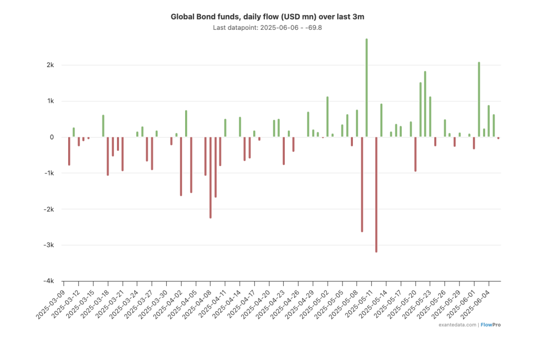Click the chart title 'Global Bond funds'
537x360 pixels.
[x=267, y=17]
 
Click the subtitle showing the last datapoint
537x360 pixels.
[x=267, y=27]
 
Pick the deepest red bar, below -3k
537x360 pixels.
[x=377, y=194]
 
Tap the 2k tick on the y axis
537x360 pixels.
[x=50, y=65]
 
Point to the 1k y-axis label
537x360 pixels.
[x=50, y=101]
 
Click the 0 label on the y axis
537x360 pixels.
[x=52, y=137]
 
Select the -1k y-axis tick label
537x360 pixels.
[x=49, y=173]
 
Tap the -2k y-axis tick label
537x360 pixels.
[x=49, y=209]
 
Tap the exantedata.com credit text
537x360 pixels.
[x=458, y=325]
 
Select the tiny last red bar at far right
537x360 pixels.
[x=498, y=138]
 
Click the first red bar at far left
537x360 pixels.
[x=69, y=151]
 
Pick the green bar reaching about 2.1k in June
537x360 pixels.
[x=479, y=100]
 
